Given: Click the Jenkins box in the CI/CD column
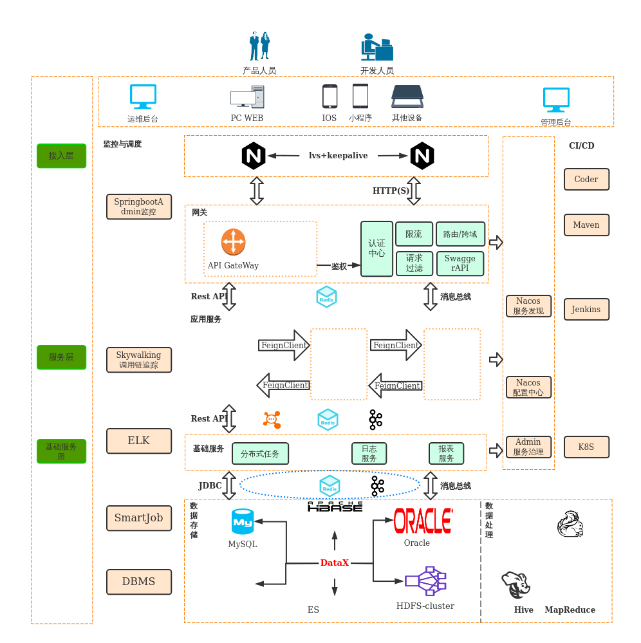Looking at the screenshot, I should point(586,310).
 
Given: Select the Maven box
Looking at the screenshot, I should point(586,225).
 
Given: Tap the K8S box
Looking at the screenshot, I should point(586,447).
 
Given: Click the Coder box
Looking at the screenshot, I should point(586,180).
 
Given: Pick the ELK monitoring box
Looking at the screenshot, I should point(139,441).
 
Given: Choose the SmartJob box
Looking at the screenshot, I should point(139,518).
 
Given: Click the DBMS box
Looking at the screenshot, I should point(139,582).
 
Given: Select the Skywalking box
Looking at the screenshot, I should point(139,360).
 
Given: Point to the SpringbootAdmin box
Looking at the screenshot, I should point(139,207).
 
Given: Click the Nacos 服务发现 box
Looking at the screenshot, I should point(528,306).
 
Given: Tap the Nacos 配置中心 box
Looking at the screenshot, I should point(528,387).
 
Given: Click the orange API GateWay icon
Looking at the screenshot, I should point(233,242).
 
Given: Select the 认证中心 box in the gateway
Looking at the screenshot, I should point(376,248).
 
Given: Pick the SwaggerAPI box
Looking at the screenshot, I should point(460,263).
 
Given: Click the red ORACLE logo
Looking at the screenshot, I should point(423,521).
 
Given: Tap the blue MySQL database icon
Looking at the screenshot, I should point(243,521).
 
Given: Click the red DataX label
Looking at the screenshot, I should point(335,563).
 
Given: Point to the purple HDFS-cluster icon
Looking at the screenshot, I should point(425,581).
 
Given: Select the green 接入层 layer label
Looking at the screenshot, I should point(61,156).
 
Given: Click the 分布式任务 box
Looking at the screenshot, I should point(260,454).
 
